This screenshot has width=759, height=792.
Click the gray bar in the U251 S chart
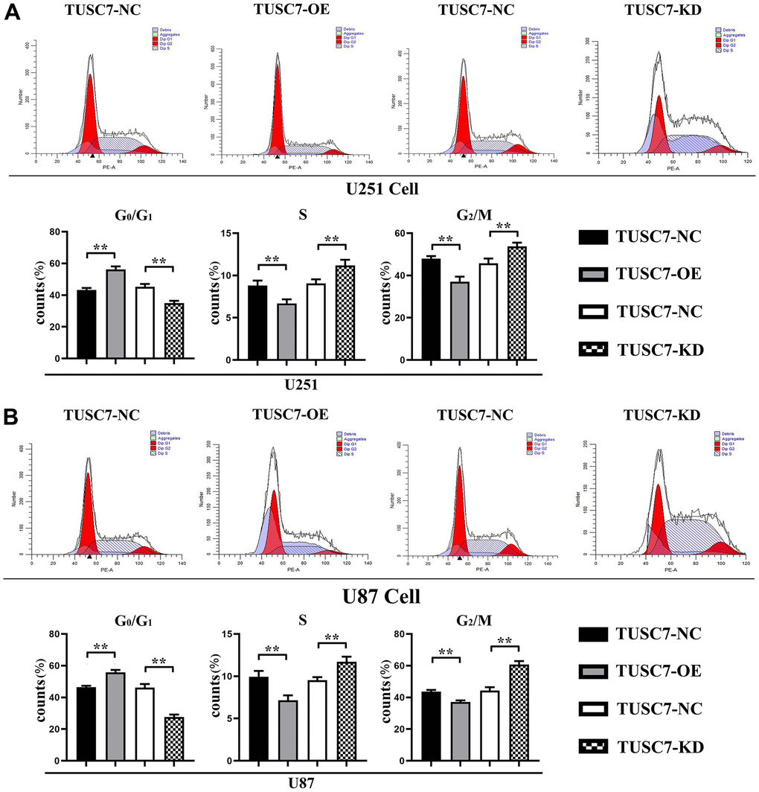pyautogui.click(x=286, y=331)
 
